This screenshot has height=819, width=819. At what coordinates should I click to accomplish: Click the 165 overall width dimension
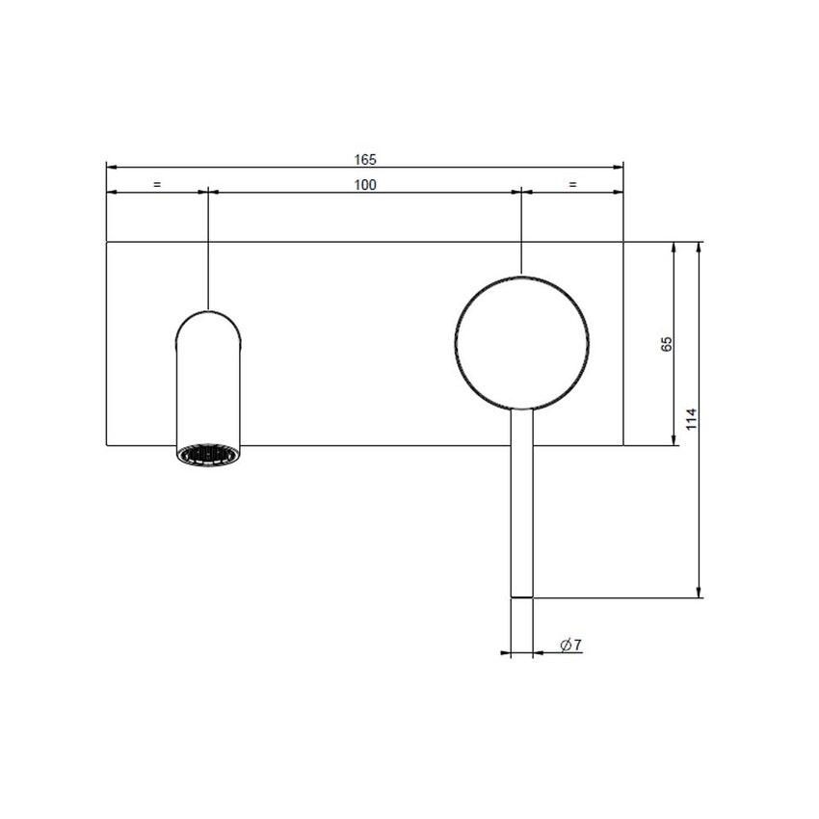tap(364, 158)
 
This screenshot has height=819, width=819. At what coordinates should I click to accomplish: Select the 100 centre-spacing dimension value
tap(364, 185)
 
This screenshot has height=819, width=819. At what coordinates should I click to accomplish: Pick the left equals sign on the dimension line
tap(157, 184)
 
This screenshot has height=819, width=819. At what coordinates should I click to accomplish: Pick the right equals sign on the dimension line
tap(572, 184)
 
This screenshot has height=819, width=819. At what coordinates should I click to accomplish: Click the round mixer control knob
tap(521, 341)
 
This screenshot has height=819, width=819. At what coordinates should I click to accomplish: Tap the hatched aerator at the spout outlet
tap(209, 453)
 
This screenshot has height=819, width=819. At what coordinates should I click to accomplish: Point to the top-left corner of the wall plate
tap(106, 242)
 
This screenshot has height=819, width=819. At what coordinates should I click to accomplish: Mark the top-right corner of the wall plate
tap(624, 242)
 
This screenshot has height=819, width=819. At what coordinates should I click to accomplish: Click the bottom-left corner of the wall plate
tap(106, 445)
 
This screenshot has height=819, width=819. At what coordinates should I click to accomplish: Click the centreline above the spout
tap(209, 251)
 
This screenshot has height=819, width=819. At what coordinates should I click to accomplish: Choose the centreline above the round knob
tap(521, 231)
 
